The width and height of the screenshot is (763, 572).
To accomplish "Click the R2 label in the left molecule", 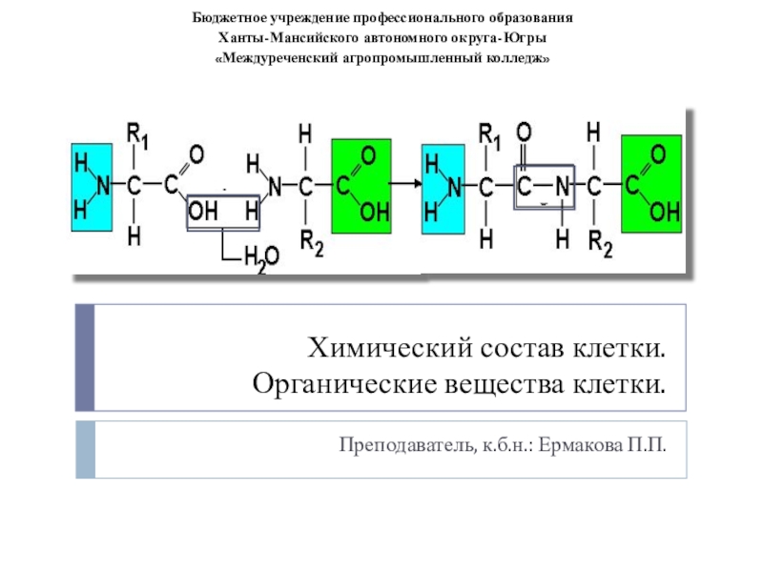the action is click(312, 244).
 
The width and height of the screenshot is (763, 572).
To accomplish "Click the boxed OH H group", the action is click(223, 212).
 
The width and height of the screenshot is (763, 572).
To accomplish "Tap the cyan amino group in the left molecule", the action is click(90, 183).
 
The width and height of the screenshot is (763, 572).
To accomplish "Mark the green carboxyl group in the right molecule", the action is click(651, 184).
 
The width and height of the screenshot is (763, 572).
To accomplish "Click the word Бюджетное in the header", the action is click(232, 18).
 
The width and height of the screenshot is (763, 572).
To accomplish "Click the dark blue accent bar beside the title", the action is click(85, 357).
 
